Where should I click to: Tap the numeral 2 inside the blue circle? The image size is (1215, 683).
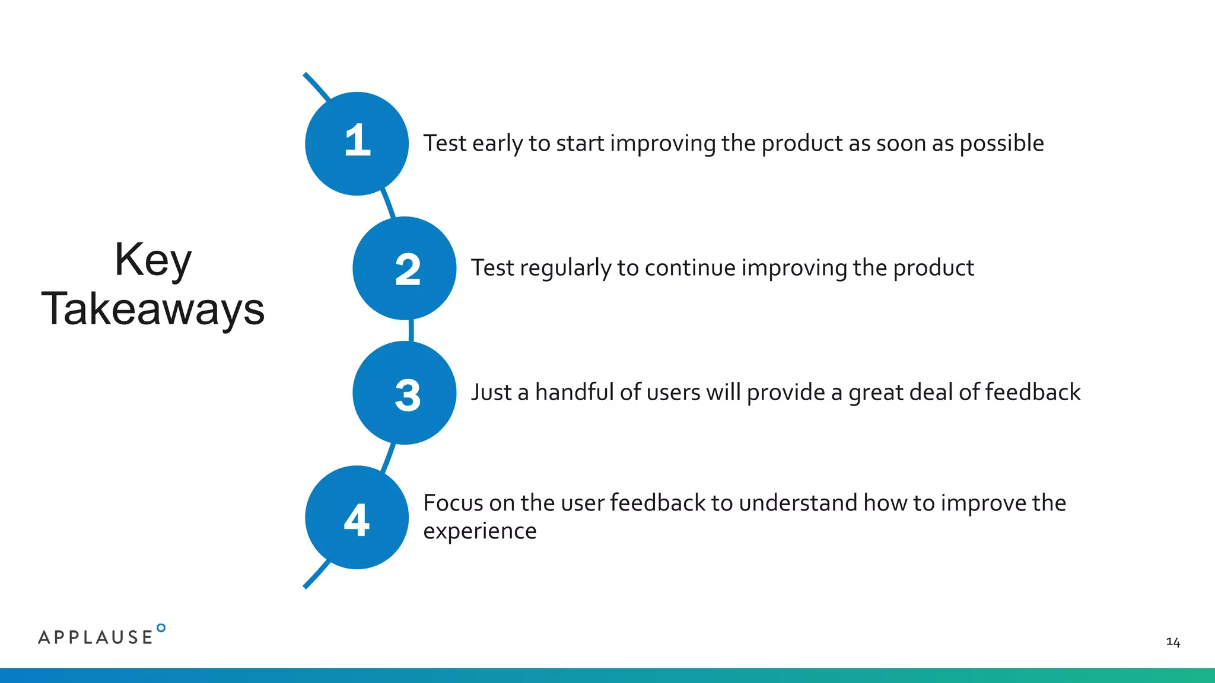408,270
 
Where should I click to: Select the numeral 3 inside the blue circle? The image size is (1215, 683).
408,395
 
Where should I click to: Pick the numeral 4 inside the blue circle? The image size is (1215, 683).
357,520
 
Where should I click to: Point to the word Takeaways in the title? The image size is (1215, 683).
153,309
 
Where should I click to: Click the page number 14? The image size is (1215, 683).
1172,642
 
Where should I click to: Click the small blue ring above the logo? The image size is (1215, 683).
161,628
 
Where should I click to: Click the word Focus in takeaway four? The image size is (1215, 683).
453,503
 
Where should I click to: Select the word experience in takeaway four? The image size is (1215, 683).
479,531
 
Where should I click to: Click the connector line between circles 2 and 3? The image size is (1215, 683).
411,330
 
